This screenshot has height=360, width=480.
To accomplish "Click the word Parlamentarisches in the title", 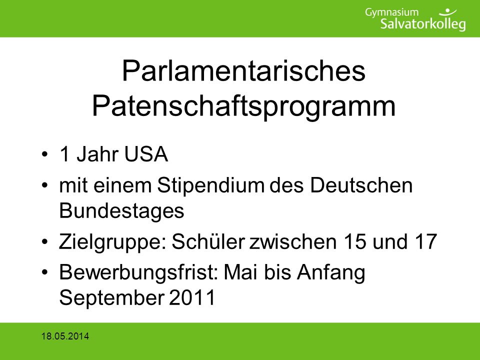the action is [243, 71].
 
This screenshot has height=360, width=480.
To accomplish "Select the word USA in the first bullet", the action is [146, 153].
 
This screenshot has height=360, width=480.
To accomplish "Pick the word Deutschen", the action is [361, 185].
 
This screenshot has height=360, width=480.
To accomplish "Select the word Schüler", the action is [208, 241].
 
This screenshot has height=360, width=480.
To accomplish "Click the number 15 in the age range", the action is [355, 241].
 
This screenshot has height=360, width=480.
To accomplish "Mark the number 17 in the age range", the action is [426, 241].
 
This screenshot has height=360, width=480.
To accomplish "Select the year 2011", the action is [192, 297].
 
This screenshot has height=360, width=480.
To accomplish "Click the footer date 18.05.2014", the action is [65, 336].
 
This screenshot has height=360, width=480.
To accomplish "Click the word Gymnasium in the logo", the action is [391, 13].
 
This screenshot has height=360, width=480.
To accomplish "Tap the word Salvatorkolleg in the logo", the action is [423, 24].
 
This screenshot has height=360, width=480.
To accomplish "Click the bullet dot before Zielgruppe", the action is [44, 242].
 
